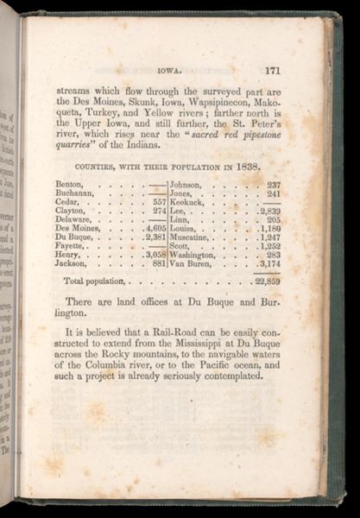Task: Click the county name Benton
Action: click(69, 185)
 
